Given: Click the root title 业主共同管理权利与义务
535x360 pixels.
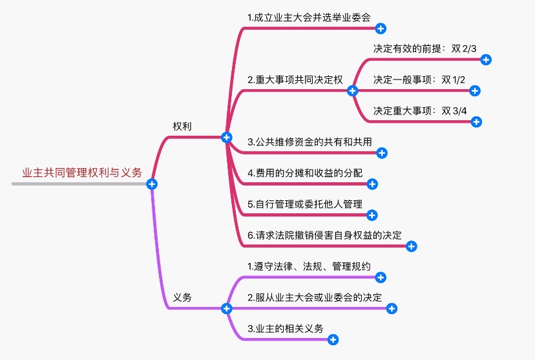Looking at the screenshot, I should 81,173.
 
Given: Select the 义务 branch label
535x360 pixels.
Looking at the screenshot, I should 182,297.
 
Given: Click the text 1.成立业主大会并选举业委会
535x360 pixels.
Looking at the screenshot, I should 309,17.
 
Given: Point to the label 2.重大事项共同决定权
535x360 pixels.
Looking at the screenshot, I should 295,80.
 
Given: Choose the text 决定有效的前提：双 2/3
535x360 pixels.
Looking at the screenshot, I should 423,48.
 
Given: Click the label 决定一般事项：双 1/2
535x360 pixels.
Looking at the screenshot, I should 419,79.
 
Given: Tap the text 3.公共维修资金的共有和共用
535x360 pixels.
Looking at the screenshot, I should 310,142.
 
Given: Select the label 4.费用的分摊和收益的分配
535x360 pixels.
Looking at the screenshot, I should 305,173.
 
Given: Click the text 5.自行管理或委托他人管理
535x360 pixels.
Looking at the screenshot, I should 305,204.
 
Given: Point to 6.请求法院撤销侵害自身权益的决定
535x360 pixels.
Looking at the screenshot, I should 324,235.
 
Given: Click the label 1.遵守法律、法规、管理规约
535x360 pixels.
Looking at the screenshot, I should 309,266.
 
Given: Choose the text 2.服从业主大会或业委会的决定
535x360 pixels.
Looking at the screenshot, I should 315,297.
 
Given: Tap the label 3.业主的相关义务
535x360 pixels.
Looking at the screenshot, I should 286,328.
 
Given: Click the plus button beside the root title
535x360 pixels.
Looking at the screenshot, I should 152,184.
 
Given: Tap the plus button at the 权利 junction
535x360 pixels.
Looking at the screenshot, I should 226,137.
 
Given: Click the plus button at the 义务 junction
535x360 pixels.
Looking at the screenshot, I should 226,308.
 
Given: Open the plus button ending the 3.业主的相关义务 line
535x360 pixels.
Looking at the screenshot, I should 333,339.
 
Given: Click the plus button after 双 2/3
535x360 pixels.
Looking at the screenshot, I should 487,59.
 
